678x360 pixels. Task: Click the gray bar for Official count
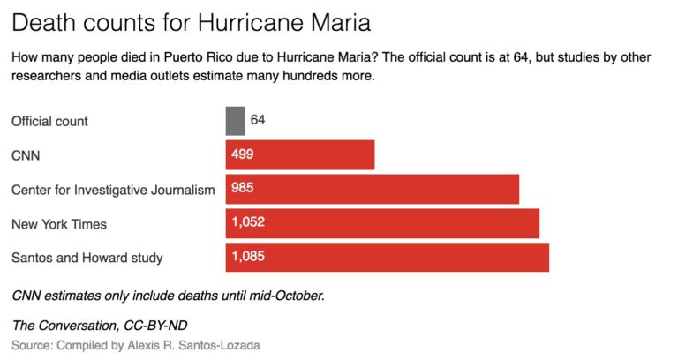coord(235,120)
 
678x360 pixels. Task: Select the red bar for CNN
coord(300,154)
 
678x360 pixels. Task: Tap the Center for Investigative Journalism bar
coord(372,189)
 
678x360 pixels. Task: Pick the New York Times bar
coord(382,223)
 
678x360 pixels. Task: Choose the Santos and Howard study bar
coord(387,258)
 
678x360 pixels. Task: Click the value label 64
coord(258,120)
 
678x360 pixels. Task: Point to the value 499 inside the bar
coord(243,154)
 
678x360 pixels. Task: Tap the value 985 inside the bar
coord(243,189)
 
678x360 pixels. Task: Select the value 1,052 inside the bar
coord(248,223)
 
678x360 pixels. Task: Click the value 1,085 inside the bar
coord(248,258)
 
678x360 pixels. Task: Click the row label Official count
coord(49,121)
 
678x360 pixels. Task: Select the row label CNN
coord(26,155)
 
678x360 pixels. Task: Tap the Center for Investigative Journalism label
coord(113,190)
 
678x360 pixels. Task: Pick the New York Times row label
coord(59,224)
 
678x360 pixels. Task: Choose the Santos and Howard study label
coord(87,259)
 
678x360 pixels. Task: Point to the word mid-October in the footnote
coord(286,295)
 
